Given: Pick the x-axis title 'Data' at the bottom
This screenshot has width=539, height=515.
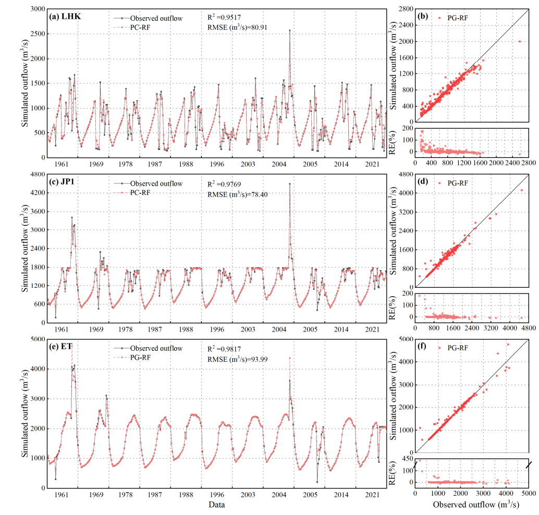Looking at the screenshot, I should click(x=217, y=505).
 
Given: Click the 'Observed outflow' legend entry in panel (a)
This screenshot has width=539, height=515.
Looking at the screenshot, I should click(x=156, y=18).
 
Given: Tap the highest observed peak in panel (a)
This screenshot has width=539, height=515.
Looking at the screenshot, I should click(x=289, y=31).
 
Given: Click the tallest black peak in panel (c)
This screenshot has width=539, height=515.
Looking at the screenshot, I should click(x=290, y=183).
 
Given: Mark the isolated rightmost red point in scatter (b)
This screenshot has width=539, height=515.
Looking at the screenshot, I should click(x=520, y=41).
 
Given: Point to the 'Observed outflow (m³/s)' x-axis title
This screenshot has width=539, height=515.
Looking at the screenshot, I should click(x=471, y=505).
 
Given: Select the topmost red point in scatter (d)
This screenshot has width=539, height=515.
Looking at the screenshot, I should click(x=522, y=190).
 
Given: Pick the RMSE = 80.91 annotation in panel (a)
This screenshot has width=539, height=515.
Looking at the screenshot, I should click(x=237, y=27).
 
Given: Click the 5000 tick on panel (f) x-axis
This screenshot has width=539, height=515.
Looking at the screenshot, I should click(x=528, y=493).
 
